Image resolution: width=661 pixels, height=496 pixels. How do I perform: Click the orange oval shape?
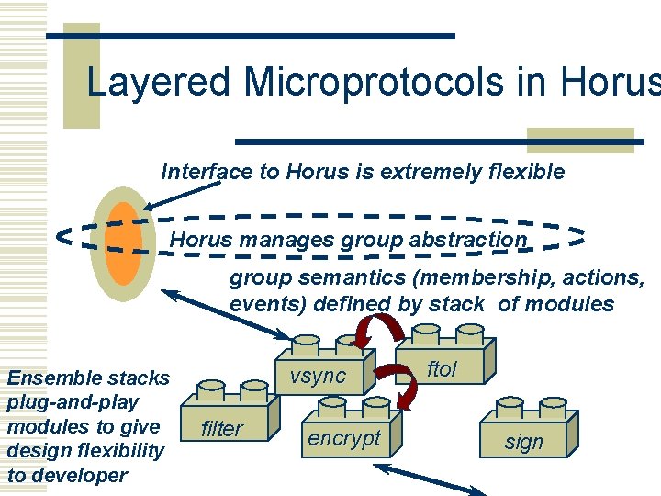pyautogui.click(x=123, y=243)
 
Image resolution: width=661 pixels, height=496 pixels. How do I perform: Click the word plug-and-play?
pyautogui.click(x=73, y=402)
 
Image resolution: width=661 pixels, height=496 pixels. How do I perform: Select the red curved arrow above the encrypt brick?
pyautogui.click(x=408, y=385)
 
